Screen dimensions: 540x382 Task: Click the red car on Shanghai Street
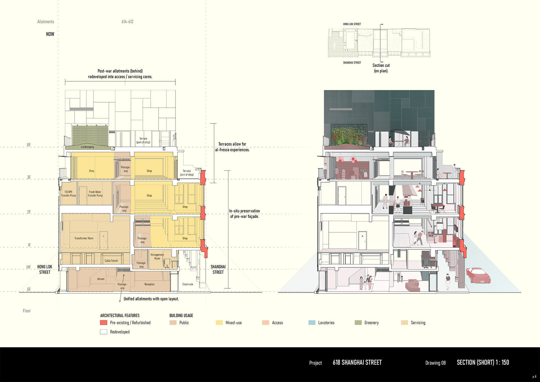tap(478, 275)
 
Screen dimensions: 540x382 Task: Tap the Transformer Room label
tap(84, 238)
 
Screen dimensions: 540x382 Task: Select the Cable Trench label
tap(111, 261)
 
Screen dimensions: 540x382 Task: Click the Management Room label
tap(157, 257)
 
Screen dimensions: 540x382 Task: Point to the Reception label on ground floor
tap(149, 284)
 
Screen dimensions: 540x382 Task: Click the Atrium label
tap(101, 279)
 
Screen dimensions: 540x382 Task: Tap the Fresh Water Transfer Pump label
tap(95, 194)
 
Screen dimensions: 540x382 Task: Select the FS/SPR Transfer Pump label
tap(68, 194)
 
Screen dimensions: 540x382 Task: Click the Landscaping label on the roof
tap(87, 147)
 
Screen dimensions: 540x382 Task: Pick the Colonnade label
tap(188, 284)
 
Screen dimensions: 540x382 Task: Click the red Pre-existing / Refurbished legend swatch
tap(103, 323)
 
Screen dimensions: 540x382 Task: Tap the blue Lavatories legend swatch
tap(312, 323)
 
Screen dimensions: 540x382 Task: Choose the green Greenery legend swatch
tap(358, 323)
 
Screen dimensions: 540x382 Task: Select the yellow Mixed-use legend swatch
tap(219, 323)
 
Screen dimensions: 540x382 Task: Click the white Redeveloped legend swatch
tap(103, 332)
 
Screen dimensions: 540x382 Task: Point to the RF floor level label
tap(29, 145)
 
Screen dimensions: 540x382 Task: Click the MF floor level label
tap(29, 267)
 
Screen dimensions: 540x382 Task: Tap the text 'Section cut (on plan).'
tap(381, 68)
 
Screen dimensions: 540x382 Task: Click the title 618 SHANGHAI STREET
tap(357, 362)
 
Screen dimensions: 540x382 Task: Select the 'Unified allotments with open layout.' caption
tap(151, 299)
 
